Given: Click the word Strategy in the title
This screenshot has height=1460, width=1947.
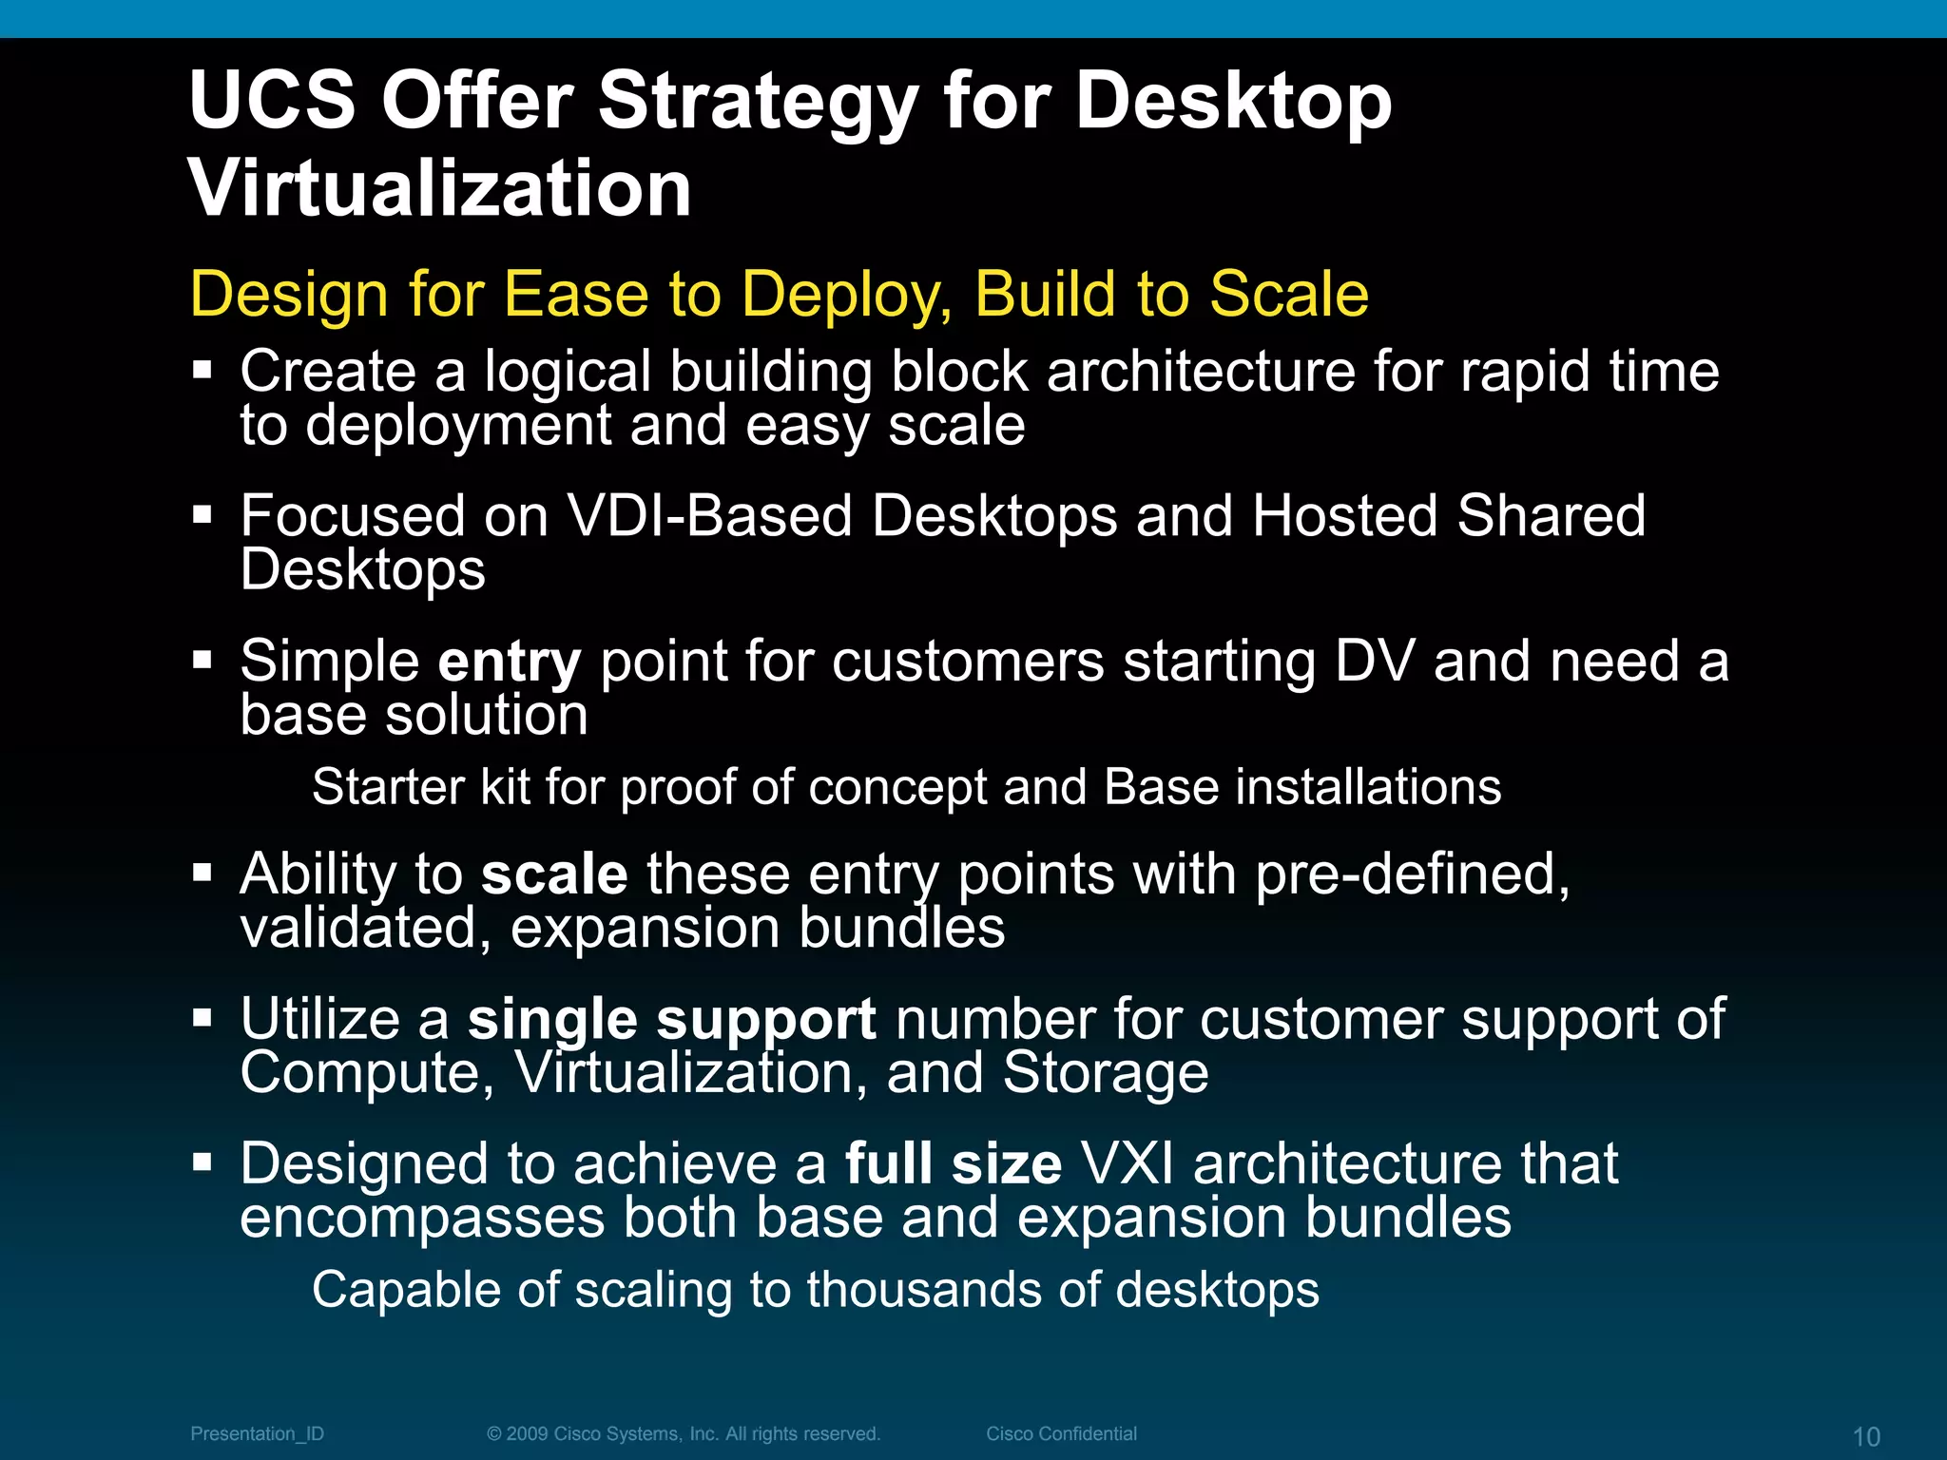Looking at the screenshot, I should (756, 103).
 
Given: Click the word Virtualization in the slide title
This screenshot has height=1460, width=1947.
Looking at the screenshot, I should (440, 188).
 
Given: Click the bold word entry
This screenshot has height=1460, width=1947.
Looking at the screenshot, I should (509, 662).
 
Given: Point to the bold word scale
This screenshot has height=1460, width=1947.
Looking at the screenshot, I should (554, 874).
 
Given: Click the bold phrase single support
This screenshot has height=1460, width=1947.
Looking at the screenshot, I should (671, 1020).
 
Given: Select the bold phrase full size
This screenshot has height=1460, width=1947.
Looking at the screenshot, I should (953, 1164).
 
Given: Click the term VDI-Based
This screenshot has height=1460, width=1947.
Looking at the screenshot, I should (709, 516).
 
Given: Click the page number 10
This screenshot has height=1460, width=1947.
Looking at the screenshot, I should (1866, 1436).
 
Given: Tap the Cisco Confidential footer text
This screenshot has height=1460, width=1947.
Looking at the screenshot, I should (1061, 1433).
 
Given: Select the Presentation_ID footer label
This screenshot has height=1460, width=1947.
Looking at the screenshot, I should (257, 1433).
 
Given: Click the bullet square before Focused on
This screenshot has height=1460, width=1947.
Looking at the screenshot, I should (202, 515).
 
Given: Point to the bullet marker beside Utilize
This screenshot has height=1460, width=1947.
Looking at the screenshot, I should (202, 1019).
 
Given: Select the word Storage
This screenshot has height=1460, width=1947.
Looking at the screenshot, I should (1106, 1074).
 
